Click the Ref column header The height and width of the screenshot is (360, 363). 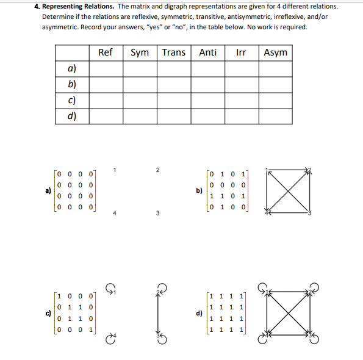coord(105,52)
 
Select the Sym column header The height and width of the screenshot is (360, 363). coord(140,52)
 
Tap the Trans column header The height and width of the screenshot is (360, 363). coord(173,52)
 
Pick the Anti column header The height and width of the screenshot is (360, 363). coord(207,52)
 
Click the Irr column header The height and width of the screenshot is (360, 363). coord(241,52)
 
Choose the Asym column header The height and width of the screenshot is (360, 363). coord(275,52)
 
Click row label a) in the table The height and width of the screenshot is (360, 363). coord(72,68)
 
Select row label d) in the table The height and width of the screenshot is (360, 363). coord(72,115)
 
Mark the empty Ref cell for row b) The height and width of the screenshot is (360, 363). coord(105,84)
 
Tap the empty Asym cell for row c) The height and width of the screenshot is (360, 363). coord(275,100)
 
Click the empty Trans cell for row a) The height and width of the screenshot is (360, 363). coord(173,68)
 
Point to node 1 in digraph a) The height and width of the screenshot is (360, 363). coord(115,169)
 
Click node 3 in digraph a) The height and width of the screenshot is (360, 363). coord(157,214)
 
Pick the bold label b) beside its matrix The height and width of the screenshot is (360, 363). coord(199,190)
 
